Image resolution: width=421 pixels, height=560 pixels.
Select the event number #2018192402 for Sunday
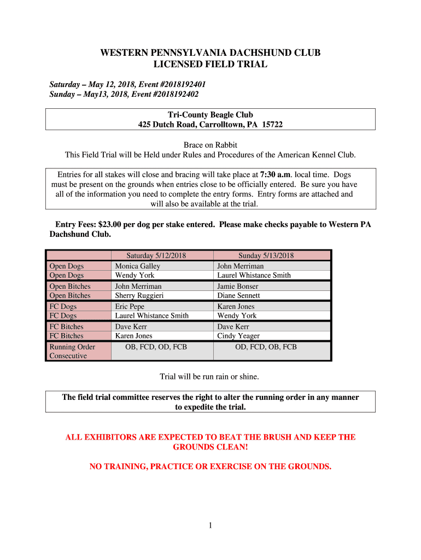(169, 95)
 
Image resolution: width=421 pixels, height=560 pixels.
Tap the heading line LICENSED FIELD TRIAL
(210, 65)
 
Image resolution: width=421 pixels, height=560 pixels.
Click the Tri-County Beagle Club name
(210, 115)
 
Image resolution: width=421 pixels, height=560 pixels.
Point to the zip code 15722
(272, 125)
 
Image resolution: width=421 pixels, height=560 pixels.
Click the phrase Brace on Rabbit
(210, 145)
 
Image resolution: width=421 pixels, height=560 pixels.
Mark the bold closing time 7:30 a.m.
(276, 175)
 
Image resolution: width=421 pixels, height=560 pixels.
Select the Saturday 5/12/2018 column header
(156, 255)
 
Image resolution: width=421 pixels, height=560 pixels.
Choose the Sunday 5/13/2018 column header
(266, 255)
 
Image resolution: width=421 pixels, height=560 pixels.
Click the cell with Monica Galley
(137, 266)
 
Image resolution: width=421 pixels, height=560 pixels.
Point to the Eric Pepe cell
(130, 306)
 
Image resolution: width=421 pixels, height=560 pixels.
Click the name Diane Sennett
(239, 295)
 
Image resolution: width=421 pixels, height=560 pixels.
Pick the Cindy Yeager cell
(238, 336)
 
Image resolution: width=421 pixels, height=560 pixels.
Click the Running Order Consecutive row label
(72, 351)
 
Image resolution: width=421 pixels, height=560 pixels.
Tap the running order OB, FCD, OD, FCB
(156, 347)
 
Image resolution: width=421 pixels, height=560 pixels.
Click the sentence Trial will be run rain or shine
(209, 377)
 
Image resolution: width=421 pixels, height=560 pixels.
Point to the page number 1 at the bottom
(210, 526)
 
